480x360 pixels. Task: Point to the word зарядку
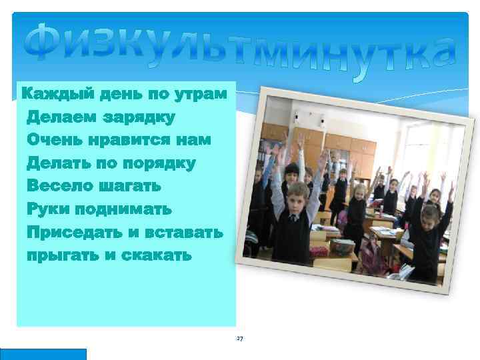point(139,118)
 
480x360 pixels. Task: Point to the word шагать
point(133,187)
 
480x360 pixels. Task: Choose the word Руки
point(48,209)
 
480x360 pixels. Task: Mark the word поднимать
point(123,209)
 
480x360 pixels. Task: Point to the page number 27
point(240,339)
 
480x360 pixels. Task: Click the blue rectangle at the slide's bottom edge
point(43,354)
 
